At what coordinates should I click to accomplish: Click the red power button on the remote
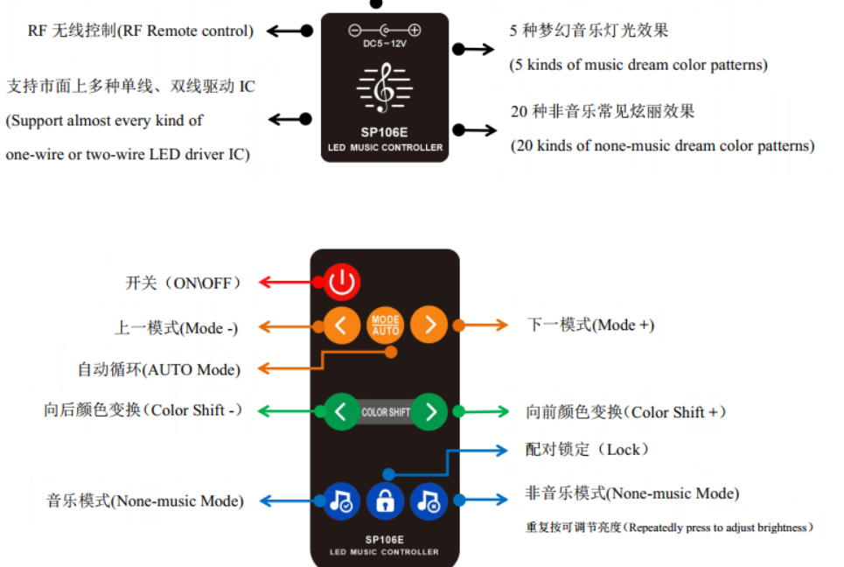tap(342, 282)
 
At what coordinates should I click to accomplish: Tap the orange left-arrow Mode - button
tap(341, 325)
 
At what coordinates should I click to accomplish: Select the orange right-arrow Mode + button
tap(429, 325)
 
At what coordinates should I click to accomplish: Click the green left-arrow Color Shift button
tap(341, 411)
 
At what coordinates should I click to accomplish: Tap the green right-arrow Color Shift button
tap(429, 411)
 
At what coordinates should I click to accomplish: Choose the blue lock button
tap(385, 501)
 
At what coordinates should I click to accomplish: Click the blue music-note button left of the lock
tap(340, 501)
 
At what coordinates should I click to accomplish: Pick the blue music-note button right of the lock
tap(429, 501)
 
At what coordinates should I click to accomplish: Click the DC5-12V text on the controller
tap(385, 44)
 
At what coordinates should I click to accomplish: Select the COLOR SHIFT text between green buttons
tap(386, 412)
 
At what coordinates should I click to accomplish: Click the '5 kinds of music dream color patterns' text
tap(638, 66)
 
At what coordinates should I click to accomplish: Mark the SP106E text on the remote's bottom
tap(385, 540)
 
